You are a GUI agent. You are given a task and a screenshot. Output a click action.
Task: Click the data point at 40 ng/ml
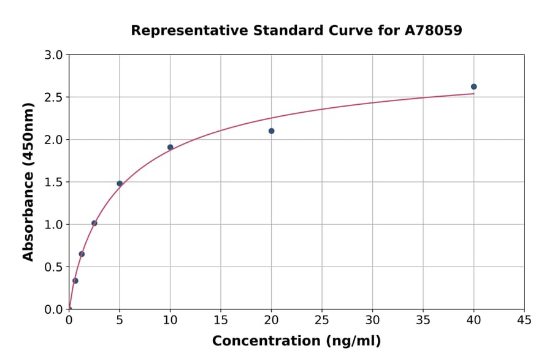click(x=473, y=86)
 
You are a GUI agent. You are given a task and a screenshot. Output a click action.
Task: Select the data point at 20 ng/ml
click(x=271, y=131)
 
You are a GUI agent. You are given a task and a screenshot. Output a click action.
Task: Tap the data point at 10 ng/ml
click(x=170, y=147)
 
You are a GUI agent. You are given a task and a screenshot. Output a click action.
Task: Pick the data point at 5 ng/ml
click(x=120, y=183)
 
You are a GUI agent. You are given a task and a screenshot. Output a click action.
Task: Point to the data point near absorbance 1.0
click(x=94, y=223)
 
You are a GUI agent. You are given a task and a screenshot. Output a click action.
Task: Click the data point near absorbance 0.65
click(x=82, y=254)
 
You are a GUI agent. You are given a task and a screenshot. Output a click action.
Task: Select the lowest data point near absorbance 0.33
click(x=75, y=281)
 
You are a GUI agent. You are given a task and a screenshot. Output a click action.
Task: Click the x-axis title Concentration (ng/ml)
click(x=296, y=341)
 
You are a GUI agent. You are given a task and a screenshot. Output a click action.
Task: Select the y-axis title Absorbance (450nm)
click(x=28, y=181)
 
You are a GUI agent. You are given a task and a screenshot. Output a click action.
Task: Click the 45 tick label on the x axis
click(x=524, y=320)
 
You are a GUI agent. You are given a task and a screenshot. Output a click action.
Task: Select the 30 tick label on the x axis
click(x=372, y=320)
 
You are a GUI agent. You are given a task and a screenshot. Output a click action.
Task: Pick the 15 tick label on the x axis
click(x=220, y=320)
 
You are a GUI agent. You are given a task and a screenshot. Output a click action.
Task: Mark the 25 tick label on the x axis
click(x=321, y=320)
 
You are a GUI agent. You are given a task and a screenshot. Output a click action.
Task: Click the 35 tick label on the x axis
click(x=423, y=320)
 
